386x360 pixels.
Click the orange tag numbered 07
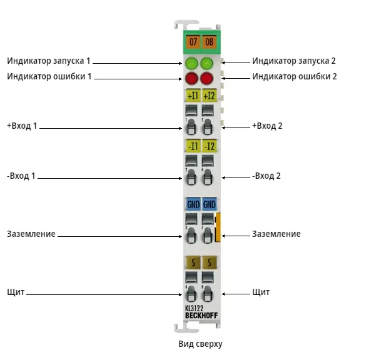[193, 42]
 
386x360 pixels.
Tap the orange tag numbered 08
[209, 42]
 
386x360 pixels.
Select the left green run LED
[191, 64]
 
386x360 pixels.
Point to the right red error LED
[207, 79]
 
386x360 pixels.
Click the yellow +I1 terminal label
[193, 96]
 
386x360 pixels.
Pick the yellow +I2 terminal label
[209, 96]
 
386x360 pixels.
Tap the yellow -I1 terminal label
[193, 146]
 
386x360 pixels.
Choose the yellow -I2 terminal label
[209, 146]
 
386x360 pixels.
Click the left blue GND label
[193, 204]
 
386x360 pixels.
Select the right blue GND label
[209, 204]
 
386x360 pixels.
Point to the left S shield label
[193, 262]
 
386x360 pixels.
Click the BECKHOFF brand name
[201, 316]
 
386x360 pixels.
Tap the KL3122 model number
[194, 308]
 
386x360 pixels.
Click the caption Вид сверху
[200, 344]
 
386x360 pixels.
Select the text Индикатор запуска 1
[49, 61]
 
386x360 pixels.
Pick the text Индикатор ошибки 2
[295, 76]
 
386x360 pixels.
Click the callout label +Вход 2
[267, 126]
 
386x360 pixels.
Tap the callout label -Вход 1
[21, 176]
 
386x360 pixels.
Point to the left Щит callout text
[16, 292]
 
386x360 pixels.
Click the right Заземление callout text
[277, 234]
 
